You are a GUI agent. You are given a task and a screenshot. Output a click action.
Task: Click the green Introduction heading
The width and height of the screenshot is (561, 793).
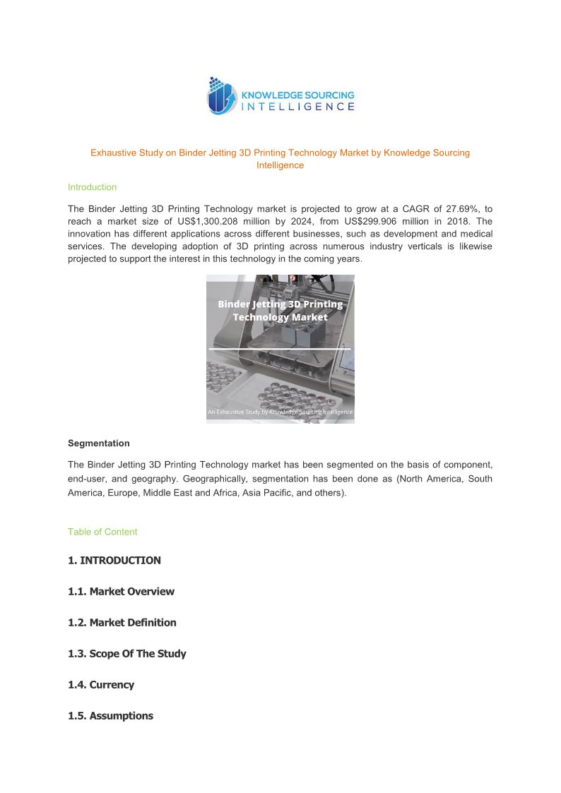pos(92,187)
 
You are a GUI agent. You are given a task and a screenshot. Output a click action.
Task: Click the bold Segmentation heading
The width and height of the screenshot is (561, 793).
pos(99,443)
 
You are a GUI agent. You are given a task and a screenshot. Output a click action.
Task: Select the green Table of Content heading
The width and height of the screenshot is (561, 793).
pos(102,532)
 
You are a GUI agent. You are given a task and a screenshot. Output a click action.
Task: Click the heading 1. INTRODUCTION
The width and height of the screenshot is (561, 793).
pos(114,561)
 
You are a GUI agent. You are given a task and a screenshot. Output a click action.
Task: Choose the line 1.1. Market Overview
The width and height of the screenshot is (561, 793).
pos(121,592)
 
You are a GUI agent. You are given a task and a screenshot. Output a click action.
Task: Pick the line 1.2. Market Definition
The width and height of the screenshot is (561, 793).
pos(122,623)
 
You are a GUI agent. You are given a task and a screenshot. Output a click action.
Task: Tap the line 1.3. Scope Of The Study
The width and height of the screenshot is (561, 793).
pos(127,654)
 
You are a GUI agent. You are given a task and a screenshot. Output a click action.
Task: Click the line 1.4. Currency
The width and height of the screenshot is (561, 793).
pos(101,685)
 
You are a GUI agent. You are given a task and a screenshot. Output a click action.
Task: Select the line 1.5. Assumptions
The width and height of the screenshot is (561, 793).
pos(110,716)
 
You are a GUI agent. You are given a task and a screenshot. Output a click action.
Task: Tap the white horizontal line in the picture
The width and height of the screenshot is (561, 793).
pos(280,349)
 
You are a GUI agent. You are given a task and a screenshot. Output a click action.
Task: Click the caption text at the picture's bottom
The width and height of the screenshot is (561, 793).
pos(280,412)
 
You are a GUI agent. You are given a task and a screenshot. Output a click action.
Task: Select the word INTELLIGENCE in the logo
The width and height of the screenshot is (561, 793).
pos(298,107)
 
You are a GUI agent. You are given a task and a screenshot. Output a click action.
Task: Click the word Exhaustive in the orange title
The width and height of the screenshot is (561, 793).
pos(114,153)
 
